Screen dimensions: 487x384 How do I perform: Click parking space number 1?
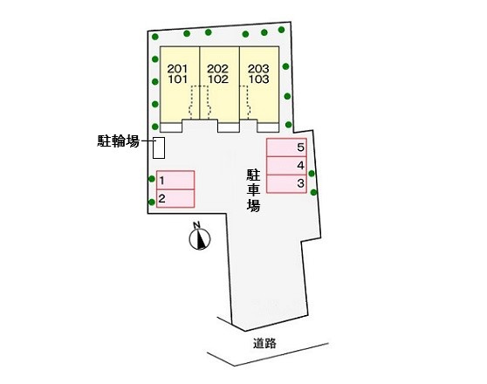pyautogui.click(x=175, y=180)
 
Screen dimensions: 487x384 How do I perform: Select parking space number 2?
pyautogui.click(x=175, y=198)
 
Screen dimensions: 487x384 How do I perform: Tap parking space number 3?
pyautogui.click(x=286, y=184)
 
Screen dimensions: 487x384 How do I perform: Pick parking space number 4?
pyautogui.click(x=286, y=166)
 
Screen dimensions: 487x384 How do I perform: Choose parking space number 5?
pyautogui.click(x=286, y=147)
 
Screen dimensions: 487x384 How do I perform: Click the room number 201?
pyautogui.click(x=178, y=68)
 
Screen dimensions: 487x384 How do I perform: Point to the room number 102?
pyautogui.click(x=218, y=79)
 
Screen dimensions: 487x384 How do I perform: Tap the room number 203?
pyautogui.click(x=258, y=68)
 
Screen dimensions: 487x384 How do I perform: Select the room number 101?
pyautogui.click(x=178, y=79)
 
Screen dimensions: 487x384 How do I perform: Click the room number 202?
pyautogui.click(x=218, y=68)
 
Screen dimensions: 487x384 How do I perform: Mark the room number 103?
pyautogui.click(x=258, y=79)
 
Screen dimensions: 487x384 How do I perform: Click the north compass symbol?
pyautogui.click(x=200, y=239)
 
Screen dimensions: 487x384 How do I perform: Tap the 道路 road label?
pyautogui.click(x=264, y=343)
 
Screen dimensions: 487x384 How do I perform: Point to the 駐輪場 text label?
pyautogui.click(x=119, y=141)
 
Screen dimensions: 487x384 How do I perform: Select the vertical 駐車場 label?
pyautogui.click(x=253, y=191)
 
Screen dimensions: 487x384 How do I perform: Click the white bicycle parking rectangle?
pyautogui.click(x=159, y=147)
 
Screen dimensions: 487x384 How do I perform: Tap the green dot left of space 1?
pyautogui.click(x=152, y=179)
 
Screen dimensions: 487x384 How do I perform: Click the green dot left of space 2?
pyautogui.click(x=152, y=202)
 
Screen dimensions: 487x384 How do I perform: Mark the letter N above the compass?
pyautogui.click(x=196, y=225)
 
